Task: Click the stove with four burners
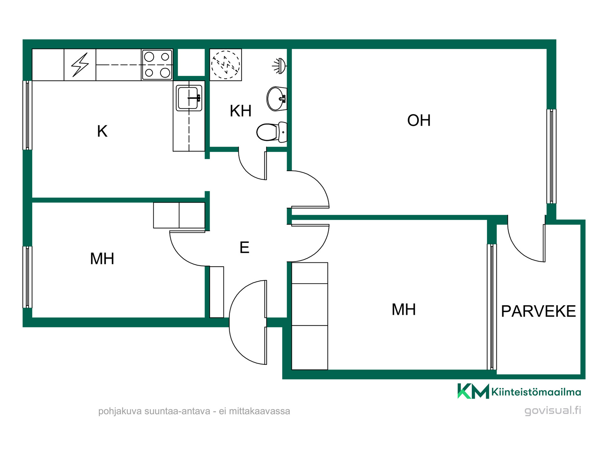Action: tap(157, 65)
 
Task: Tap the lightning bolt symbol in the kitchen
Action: tap(80, 65)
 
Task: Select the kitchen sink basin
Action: tap(189, 98)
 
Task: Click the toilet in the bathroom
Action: tap(272, 132)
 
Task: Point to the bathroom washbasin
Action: tap(277, 99)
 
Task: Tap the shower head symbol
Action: tap(279, 66)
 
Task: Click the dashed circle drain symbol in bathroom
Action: tap(226, 65)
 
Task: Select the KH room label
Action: tap(241, 111)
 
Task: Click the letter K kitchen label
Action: tap(102, 131)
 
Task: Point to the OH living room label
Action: tap(419, 120)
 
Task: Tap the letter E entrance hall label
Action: tap(244, 247)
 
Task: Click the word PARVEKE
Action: tap(538, 311)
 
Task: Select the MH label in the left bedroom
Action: tap(102, 259)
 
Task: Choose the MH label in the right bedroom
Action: tap(404, 309)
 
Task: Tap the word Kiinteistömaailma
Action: tap(536, 392)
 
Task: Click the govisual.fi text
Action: tap(553, 410)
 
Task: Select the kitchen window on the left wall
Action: tap(27, 115)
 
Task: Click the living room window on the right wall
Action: tap(551, 156)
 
